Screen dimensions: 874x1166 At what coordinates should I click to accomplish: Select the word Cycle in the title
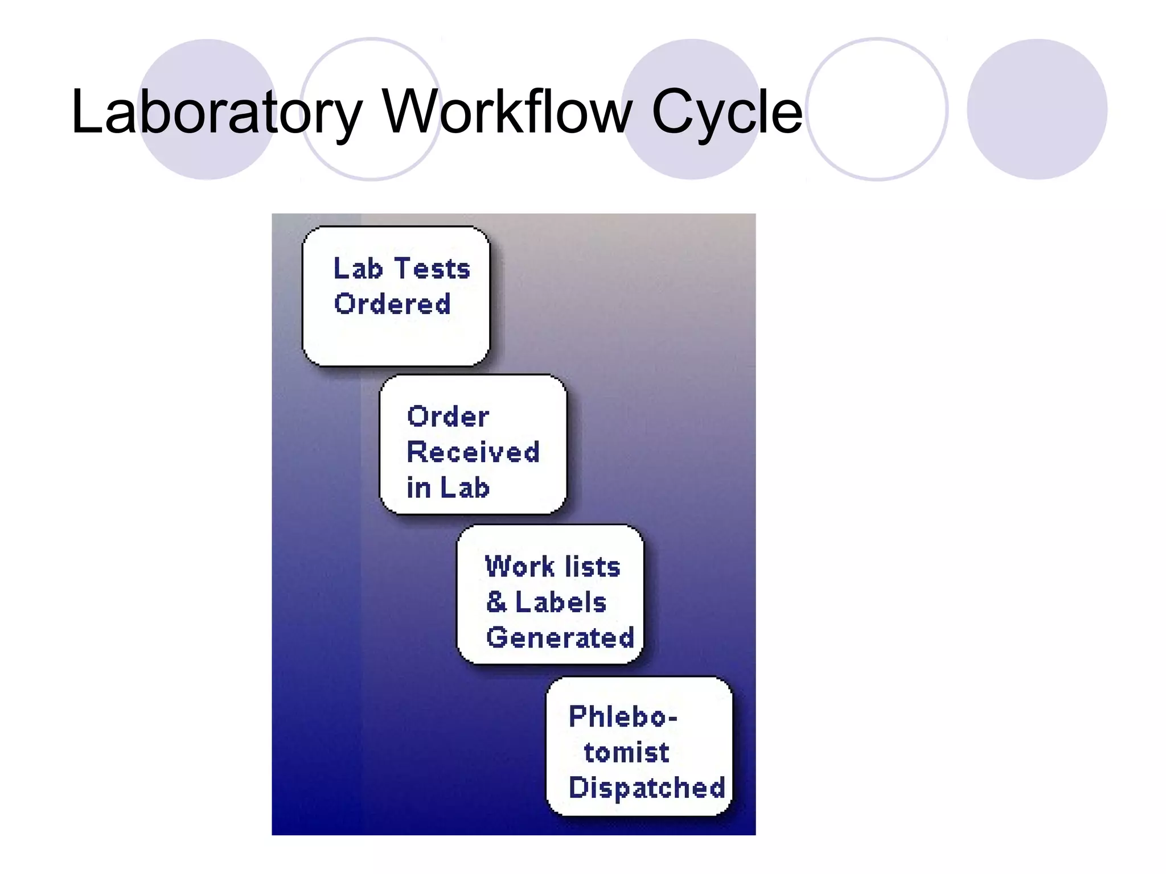(x=726, y=112)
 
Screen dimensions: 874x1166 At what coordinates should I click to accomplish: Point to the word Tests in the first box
(x=432, y=269)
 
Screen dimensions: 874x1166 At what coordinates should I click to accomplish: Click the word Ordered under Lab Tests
(x=392, y=304)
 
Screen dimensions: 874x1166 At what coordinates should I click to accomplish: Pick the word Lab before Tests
(x=358, y=269)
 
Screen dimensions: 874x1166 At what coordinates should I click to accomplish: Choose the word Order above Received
(x=448, y=417)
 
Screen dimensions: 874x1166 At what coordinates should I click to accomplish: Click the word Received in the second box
(x=473, y=452)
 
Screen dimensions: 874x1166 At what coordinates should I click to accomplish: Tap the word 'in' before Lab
(x=418, y=488)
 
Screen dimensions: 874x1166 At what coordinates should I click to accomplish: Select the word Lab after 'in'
(x=465, y=488)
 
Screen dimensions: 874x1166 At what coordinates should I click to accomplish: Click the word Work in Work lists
(x=519, y=567)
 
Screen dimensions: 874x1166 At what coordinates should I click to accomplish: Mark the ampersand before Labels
(x=496, y=602)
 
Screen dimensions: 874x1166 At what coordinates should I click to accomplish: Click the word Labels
(x=561, y=602)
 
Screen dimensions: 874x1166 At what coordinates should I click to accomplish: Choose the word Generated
(x=560, y=637)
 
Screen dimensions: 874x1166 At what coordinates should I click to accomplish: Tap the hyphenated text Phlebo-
(x=623, y=716)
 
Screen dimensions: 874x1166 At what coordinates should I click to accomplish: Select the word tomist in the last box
(x=626, y=752)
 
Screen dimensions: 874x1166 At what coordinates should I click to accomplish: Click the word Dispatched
(x=647, y=788)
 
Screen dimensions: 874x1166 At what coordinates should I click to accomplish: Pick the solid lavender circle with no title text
(x=1037, y=109)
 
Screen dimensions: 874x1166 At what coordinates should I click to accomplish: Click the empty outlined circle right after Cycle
(x=877, y=109)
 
